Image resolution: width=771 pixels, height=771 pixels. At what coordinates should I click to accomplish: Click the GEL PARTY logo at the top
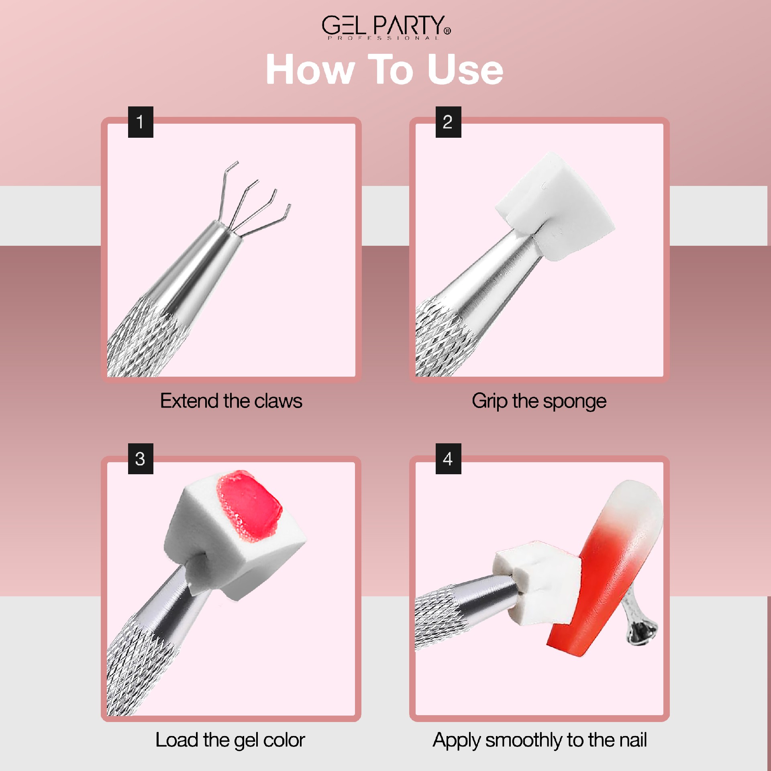point(386,27)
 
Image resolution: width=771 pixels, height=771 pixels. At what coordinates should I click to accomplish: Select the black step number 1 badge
point(141,122)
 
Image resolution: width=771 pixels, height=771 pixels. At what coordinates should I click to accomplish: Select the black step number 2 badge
point(448,122)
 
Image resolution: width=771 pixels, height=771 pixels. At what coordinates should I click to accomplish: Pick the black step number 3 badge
point(141,459)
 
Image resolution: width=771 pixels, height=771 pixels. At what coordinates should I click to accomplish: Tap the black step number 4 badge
point(448,459)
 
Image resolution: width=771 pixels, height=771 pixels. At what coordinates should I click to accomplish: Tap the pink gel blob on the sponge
point(249,506)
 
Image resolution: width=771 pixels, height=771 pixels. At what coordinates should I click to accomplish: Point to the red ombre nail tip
point(606,566)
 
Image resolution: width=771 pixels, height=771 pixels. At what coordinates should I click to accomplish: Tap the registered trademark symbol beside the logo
point(447,31)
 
